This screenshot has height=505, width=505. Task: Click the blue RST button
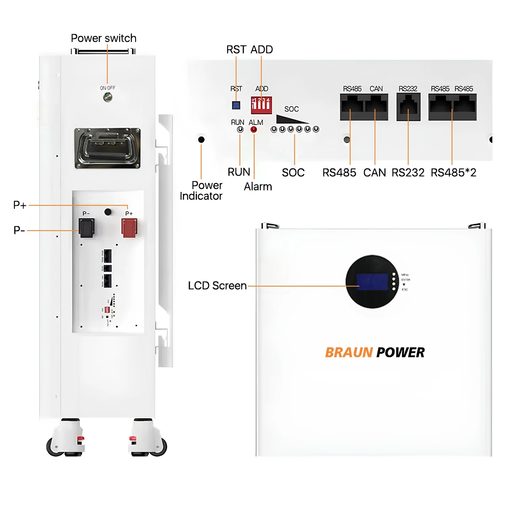click(236, 105)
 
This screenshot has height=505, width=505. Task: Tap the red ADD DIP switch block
click(261, 105)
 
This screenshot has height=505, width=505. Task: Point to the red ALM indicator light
click(254, 130)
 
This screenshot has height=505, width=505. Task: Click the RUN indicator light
click(240, 130)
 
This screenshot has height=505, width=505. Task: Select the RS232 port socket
click(408, 106)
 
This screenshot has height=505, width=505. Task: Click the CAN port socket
click(376, 106)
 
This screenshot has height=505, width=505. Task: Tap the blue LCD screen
click(372, 282)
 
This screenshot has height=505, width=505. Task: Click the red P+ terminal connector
click(129, 228)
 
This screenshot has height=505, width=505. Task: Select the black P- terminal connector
click(86, 228)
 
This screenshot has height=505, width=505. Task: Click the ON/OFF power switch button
click(108, 98)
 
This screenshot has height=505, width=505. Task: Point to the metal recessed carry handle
click(107, 148)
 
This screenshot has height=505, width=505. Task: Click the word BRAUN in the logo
click(349, 352)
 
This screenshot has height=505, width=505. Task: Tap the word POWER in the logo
click(400, 352)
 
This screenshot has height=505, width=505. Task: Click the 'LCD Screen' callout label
click(217, 286)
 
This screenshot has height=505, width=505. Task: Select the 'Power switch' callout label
click(104, 38)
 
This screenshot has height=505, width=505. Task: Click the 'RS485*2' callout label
click(453, 173)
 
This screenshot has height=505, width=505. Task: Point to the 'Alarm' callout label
click(258, 186)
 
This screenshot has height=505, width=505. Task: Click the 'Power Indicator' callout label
click(202, 191)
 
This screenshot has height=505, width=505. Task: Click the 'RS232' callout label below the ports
click(408, 173)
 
